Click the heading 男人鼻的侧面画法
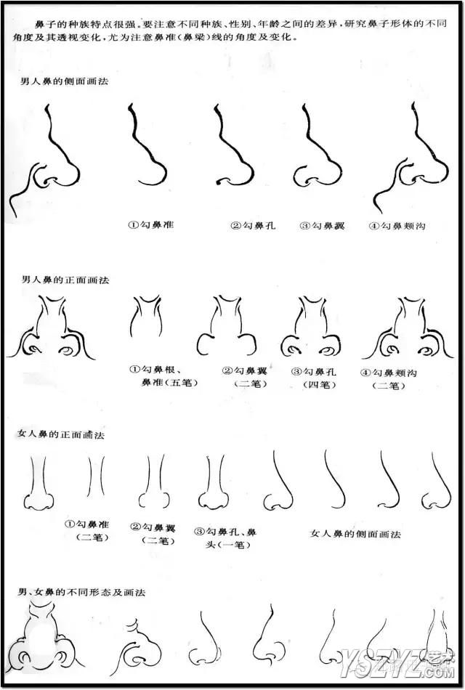point(64,81)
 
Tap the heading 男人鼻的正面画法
point(65,280)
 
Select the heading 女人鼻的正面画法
point(61,435)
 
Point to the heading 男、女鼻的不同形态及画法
point(81,592)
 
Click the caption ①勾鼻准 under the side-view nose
point(151,225)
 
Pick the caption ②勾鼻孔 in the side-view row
point(253,226)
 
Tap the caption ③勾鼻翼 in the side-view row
point(322,226)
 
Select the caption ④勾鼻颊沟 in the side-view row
point(397,226)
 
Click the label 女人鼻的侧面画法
point(356,535)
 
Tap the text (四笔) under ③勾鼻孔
point(320,385)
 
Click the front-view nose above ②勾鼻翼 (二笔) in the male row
point(227,325)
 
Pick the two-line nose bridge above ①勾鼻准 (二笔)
point(96,476)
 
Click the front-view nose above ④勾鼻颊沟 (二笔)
point(408,328)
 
